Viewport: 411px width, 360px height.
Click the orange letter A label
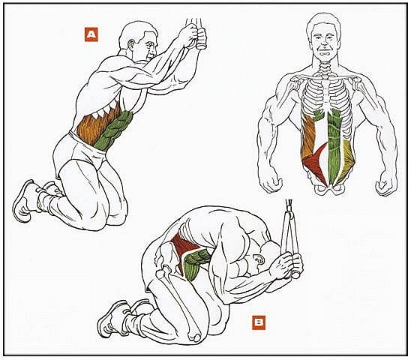(91, 34)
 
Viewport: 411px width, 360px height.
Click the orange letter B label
(259, 322)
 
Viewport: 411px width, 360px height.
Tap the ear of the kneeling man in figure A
(131, 45)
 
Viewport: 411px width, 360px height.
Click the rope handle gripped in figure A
(202, 38)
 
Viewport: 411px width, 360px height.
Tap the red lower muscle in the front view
(316, 165)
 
